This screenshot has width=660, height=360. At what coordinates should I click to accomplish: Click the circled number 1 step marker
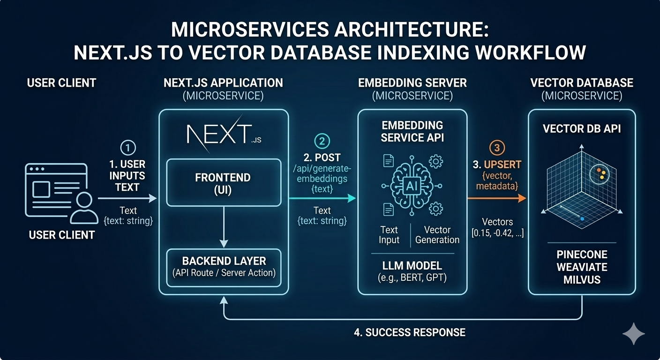(x=128, y=148)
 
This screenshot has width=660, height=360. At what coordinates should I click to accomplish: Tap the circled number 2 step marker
(x=322, y=141)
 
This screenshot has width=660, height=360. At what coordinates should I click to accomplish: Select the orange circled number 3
(x=497, y=148)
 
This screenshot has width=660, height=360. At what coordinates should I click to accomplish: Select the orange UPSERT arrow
(x=497, y=199)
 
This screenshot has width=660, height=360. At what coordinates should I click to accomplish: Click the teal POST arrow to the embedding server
(x=322, y=199)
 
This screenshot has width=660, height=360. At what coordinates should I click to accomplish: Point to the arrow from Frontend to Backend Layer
(x=224, y=227)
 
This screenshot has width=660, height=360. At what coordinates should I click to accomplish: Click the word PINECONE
(x=582, y=255)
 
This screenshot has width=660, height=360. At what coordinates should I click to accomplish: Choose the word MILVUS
(x=582, y=279)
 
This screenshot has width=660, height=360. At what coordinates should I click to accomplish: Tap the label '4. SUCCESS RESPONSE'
(x=409, y=333)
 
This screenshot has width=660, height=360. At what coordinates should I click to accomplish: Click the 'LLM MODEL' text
(x=412, y=266)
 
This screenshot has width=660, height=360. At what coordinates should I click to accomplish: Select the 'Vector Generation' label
(x=437, y=235)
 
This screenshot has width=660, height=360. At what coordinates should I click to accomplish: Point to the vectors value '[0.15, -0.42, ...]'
(x=497, y=233)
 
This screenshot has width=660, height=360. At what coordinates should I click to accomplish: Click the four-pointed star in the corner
(x=634, y=333)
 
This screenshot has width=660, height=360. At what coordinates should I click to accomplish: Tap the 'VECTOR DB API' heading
(x=582, y=128)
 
